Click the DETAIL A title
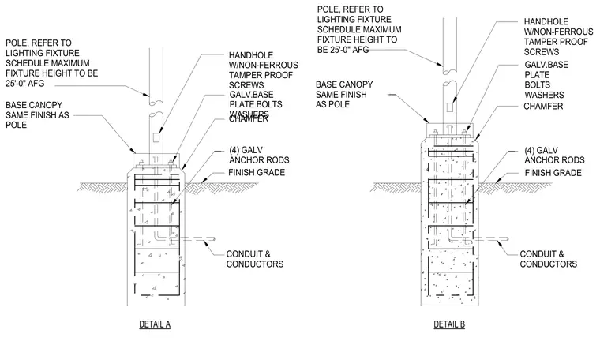coord(155,324)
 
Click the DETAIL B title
coord(449,324)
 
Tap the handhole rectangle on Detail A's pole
coord(156,137)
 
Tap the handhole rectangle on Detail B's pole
coord(450,107)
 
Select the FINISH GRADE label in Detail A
coord(257,173)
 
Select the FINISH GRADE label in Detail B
coord(553,173)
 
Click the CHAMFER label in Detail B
coord(543,107)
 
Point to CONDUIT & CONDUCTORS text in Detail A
coord(255,259)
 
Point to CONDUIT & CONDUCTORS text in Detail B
coord(549,259)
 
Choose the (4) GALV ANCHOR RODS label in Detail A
coord(259,155)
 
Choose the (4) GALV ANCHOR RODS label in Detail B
coord(554,155)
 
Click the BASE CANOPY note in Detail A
coord(37,114)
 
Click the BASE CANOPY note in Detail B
coord(344,95)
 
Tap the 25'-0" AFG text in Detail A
coord(25,83)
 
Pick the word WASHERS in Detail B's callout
coord(544,95)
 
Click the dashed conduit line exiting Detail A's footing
coord(193,238)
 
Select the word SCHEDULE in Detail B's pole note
coord(337,29)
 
